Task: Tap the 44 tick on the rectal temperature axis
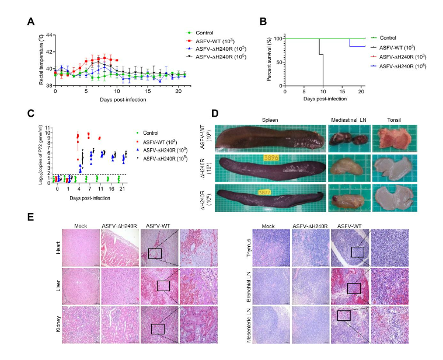point(50,36)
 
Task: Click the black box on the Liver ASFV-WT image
point(163,286)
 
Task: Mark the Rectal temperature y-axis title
point(41,60)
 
